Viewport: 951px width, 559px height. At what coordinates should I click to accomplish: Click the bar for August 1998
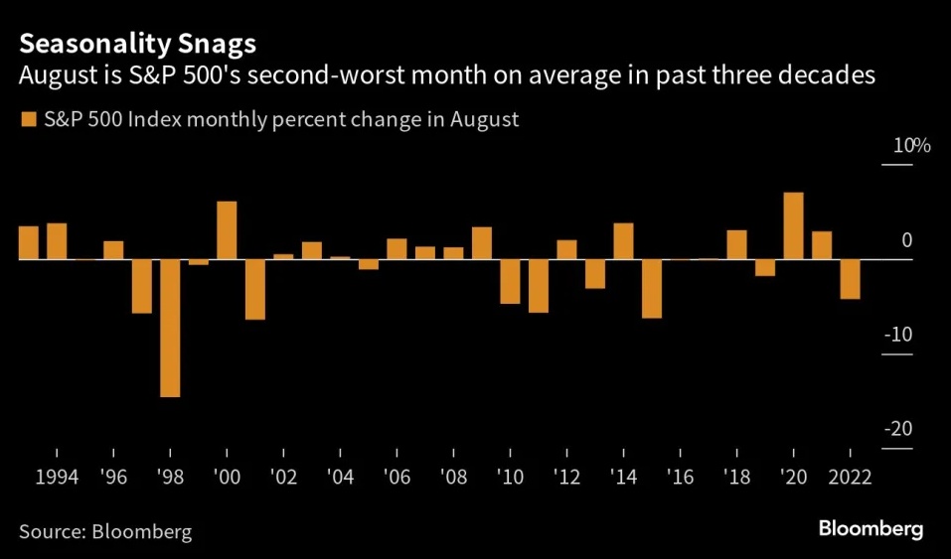click(170, 328)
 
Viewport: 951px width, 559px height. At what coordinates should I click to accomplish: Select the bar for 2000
click(227, 230)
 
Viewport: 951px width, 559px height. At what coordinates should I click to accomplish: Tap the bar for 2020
click(793, 226)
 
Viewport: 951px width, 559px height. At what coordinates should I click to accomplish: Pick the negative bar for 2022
click(850, 279)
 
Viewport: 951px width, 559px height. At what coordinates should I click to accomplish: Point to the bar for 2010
click(510, 281)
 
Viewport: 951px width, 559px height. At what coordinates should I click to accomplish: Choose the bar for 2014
click(623, 241)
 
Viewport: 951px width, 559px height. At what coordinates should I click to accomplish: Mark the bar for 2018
click(737, 245)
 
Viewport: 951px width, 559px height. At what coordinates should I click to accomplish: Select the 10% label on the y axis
click(911, 146)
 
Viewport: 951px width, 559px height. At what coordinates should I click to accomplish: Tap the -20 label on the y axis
click(898, 429)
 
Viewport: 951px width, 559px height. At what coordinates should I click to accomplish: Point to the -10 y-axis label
click(898, 334)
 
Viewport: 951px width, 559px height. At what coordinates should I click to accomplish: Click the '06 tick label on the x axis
click(396, 478)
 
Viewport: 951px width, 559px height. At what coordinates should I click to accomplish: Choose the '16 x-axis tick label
click(680, 478)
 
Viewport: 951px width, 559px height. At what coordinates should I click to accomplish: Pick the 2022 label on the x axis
click(850, 478)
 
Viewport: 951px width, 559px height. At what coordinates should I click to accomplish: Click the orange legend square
click(29, 119)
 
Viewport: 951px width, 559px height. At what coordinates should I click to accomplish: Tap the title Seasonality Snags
click(138, 44)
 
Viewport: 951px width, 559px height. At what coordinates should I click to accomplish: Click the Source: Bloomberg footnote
click(105, 532)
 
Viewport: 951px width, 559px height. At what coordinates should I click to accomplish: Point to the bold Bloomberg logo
click(871, 528)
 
